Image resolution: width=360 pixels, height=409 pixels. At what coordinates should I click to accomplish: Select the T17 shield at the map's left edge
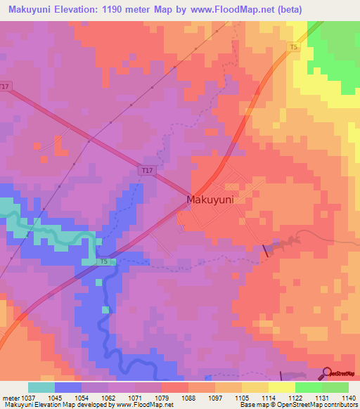(6, 86)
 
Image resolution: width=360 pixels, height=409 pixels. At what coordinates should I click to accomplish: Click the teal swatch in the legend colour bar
(41, 387)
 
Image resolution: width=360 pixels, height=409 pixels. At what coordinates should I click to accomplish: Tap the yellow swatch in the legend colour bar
(281, 387)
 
